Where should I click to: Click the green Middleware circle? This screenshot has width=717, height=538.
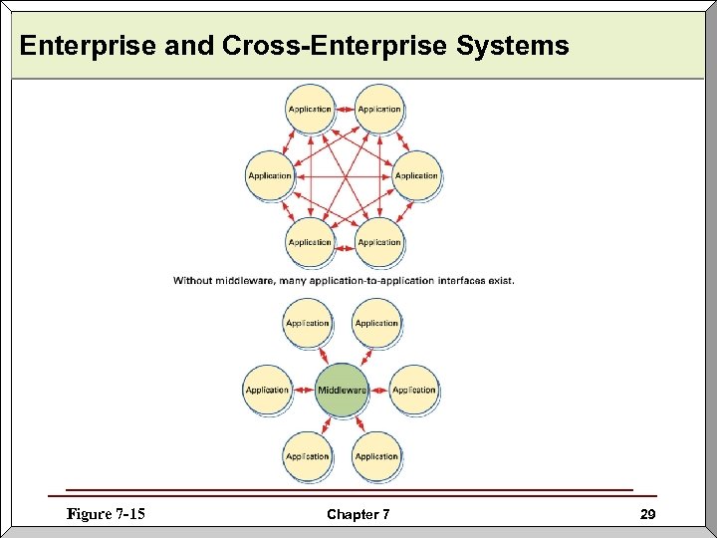pos(342,390)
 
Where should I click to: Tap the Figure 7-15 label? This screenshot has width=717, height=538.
pos(106,514)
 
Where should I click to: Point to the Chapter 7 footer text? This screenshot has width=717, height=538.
pos(358,515)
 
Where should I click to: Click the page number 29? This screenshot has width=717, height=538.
pos(647,514)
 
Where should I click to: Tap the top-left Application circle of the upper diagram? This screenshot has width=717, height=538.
pos(310,109)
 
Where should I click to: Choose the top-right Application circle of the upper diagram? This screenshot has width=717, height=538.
pos(379,109)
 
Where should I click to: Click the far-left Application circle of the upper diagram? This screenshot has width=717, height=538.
pos(270,175)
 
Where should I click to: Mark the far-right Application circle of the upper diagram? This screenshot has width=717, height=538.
pos(416,175)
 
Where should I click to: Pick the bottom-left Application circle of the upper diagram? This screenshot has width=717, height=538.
pos(310,242)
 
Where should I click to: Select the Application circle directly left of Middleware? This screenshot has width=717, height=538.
pos(268,390)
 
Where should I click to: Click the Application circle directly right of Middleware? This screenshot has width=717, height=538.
pos(413,390)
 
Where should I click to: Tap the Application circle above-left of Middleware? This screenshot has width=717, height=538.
pos(307,323)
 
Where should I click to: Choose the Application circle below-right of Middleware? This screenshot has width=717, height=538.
pos(376,456)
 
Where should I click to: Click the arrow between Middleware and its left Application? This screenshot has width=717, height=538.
pos(303,390)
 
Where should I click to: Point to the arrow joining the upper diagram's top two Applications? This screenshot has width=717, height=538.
pos(345,109)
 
